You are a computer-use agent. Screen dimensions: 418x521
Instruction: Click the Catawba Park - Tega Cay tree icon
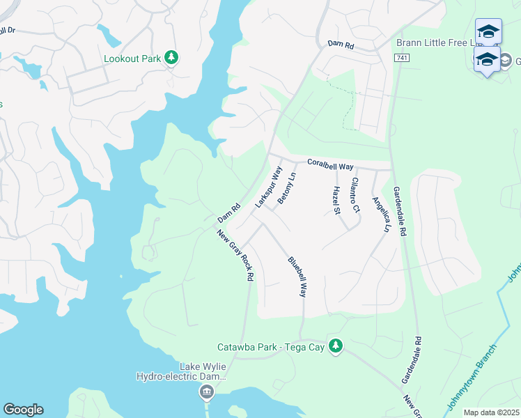click(336, 346)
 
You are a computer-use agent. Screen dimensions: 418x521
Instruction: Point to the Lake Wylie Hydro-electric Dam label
click(182, 372)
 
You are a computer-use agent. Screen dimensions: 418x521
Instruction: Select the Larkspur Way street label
click(268, 187)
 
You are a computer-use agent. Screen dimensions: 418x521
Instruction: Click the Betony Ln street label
click(287, 189)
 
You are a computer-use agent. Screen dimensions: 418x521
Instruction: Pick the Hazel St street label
click(336, 199)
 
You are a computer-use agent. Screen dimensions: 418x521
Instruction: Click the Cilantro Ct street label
click(355, 194)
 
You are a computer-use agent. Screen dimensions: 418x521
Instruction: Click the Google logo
click(23, 410)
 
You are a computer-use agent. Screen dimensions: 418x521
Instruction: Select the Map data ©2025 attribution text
click(491, 412)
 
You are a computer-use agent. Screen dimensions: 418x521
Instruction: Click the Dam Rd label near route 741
click(341, 45)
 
